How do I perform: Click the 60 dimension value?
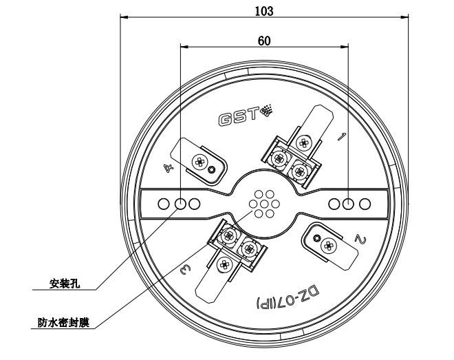264,41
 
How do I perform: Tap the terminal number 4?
169,167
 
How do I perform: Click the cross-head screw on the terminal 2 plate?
329,244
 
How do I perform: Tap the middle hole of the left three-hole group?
181,204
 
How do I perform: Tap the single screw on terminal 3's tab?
224,264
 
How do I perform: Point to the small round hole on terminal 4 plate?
214,169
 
